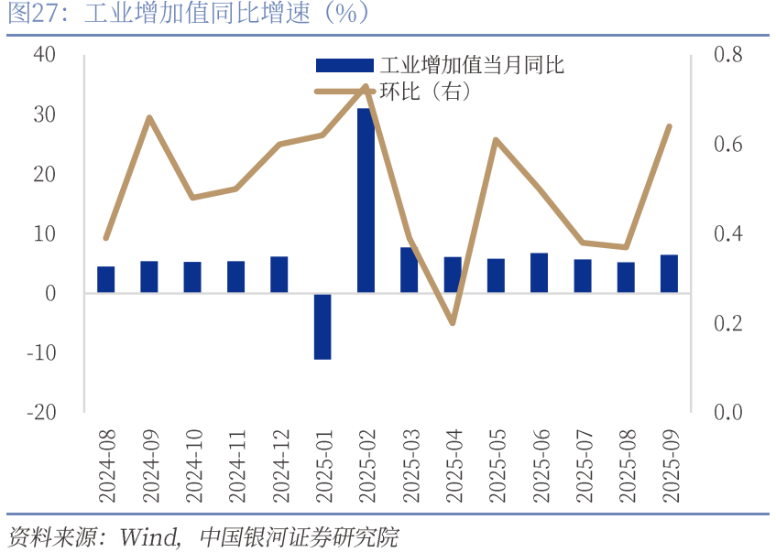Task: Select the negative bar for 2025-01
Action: point(322,326)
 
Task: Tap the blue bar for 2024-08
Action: point(105,279)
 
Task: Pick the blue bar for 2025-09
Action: point(669,274)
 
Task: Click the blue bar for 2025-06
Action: point(539,273)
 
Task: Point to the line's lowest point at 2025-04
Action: point(453,323)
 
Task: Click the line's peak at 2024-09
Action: point(149,117)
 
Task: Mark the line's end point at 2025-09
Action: point(669,126)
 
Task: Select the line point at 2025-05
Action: point(496,140)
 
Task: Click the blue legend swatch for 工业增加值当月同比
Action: point(344,65)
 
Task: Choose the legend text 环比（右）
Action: point(425,92)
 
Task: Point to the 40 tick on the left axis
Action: point(44,55)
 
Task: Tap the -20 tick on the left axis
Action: point(41,412)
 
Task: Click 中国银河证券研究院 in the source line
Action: point(298,536)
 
